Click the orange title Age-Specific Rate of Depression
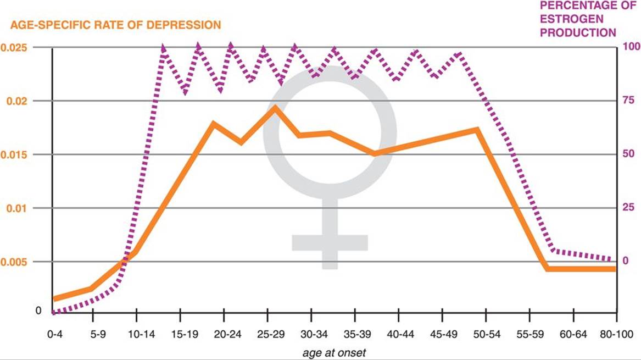coord(116,25)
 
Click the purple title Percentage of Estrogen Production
coord(578,19)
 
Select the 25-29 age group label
coord(267,334)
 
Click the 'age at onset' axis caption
coord(334,352)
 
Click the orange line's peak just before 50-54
coord(477,129)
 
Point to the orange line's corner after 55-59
coord(547,269)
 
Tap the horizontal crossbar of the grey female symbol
coord(330,242)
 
